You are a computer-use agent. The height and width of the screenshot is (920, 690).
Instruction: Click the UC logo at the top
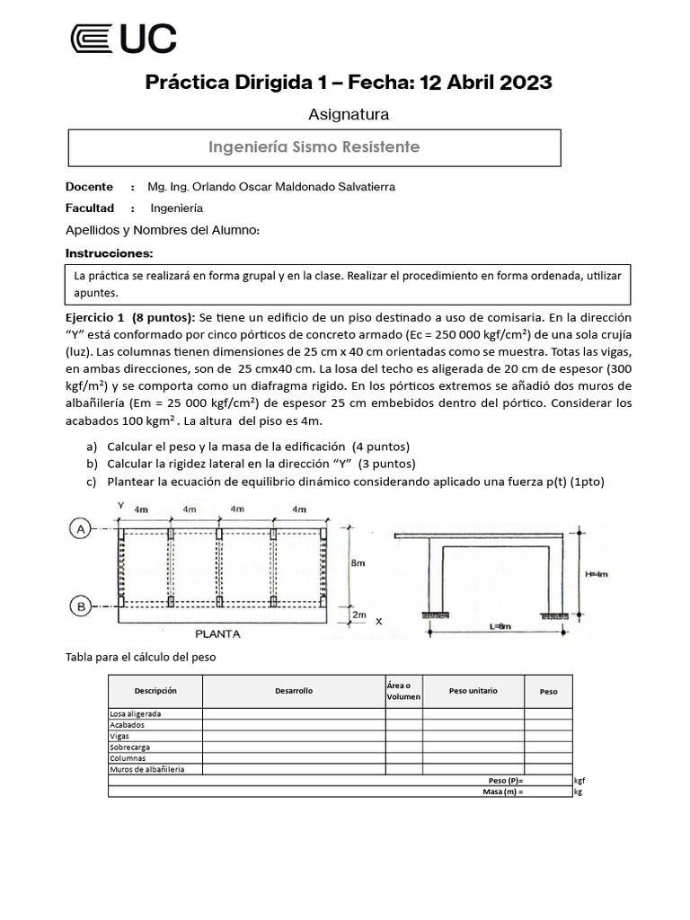point(123,39)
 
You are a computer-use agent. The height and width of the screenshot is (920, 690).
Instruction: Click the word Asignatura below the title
point(349,114)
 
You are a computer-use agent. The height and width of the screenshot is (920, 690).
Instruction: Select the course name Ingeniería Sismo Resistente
point(314,146)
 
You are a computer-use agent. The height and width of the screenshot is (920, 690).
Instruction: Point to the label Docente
point(89,187)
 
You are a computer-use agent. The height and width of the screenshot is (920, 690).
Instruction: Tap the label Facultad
point(91,208)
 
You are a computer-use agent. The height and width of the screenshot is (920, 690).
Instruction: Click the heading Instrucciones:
point(109,253)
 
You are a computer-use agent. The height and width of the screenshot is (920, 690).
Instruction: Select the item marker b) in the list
point(92,464)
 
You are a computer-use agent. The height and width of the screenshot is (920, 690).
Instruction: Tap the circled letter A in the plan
point(81,530)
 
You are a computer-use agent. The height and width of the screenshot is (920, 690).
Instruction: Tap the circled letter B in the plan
point(81,608)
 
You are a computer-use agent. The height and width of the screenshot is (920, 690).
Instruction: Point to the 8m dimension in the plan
point(358,562)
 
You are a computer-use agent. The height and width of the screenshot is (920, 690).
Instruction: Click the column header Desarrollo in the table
point(294,691)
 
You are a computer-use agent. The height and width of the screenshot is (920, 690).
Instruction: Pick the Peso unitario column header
point(473,691)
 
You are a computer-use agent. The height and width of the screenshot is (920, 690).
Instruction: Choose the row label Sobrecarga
point(130,747)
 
